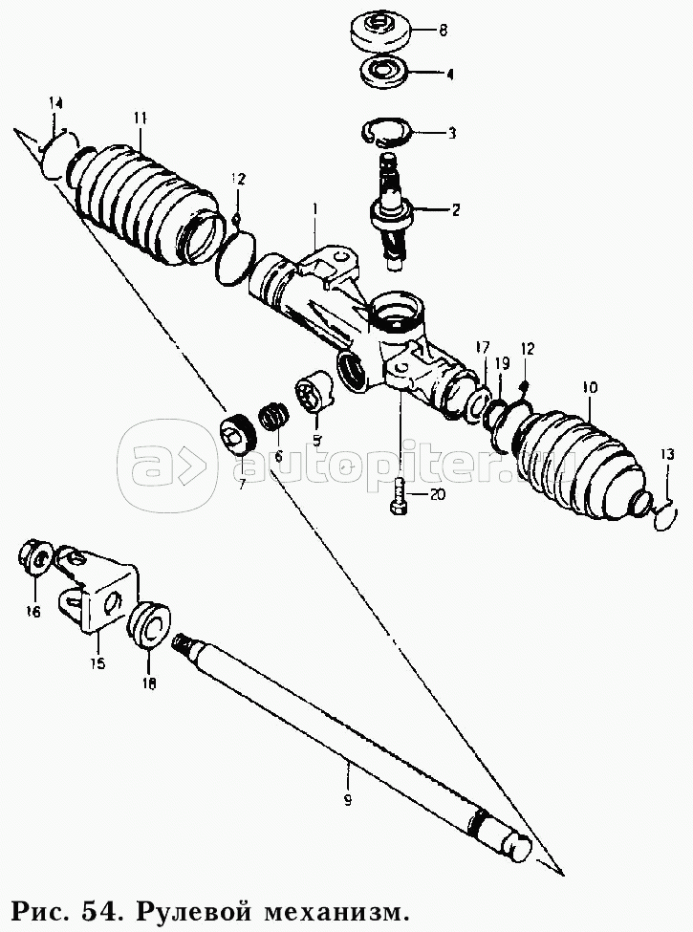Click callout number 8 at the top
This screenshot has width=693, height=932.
tap(443, 30)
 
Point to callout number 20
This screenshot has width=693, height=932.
tap(436, 494)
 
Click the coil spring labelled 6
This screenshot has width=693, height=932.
tap(273, 416)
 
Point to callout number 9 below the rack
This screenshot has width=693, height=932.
tap(348, 800)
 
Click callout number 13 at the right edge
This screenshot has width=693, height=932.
tap(667, 455)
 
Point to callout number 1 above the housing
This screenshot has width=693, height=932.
tap(315, 209)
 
